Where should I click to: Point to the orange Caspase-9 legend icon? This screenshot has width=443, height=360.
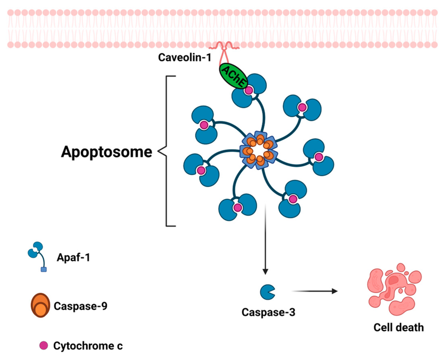(40, 304)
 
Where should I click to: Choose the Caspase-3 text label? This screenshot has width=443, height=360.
(266, 313)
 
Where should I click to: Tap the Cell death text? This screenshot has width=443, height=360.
(399, 328)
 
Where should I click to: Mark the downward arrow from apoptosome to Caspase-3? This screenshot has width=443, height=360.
(266, 240)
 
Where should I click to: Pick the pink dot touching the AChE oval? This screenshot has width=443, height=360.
(249, 90)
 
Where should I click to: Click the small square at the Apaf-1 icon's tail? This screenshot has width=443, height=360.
(44, 269)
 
